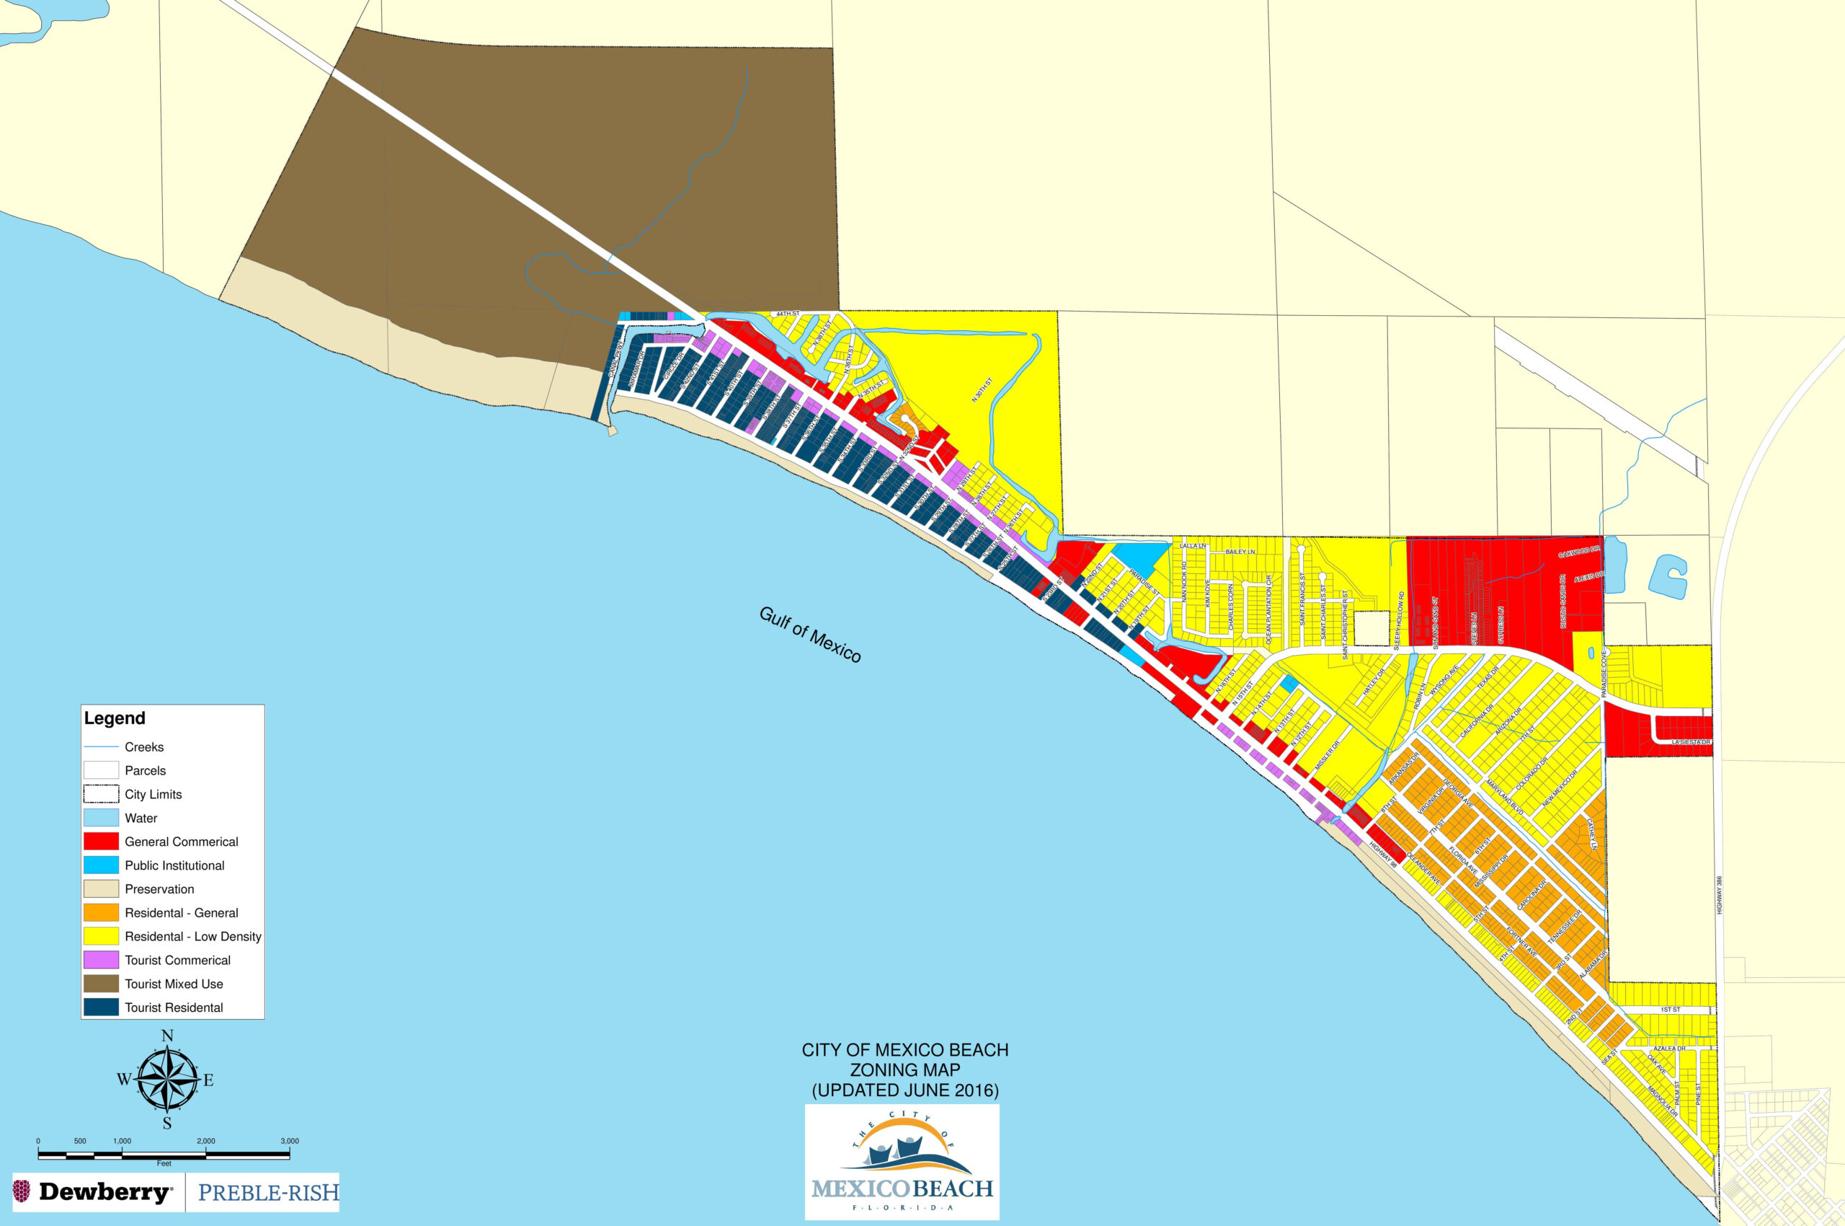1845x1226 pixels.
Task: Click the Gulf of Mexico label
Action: [x=809, y=635]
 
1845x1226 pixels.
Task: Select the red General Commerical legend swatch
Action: [x=101, y=842]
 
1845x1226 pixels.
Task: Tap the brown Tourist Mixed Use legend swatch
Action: [x=101, y=984]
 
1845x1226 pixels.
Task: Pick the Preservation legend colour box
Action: [x=101, y=889]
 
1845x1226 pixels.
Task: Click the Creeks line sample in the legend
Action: [x=101, y=746]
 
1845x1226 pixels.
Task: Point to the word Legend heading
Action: [x=115, y=718]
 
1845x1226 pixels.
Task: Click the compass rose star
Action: [x=167, y=1080]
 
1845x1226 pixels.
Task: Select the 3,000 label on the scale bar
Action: [x=289, y=1141]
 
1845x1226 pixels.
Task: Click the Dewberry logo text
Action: [x=104, y=1192]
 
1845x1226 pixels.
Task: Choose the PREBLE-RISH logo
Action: [x=268, y=1192]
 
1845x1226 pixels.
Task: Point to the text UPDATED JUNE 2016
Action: [x=905, y=1090]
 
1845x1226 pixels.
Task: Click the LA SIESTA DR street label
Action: [x=1691, y=742]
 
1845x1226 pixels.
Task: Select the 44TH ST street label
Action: [x=788, y=314]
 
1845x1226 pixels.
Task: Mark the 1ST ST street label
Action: [x=1670, y=1010]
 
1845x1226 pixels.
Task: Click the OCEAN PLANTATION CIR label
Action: [x=1268, y=611]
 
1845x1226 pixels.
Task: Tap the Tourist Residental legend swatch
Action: [x=101, y=1007]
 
